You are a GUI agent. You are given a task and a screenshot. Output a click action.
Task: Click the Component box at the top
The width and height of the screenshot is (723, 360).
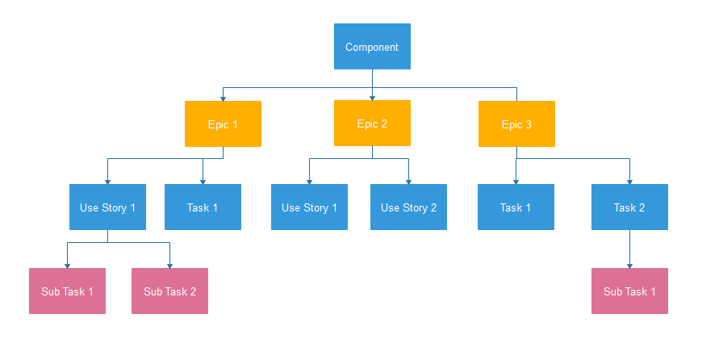tap(372, 47)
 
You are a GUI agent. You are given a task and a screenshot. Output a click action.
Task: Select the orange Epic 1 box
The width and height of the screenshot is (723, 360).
tap(224, 123)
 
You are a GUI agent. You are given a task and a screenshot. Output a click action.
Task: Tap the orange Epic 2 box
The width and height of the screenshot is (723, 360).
tap(372, 123)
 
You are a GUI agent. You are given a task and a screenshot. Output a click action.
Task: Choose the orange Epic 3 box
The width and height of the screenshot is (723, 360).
tap(516, 123)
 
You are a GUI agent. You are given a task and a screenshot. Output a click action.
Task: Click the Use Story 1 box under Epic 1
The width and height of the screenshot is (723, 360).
tap(107, 207)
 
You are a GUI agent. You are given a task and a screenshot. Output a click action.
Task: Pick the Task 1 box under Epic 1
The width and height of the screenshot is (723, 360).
tap(203, 207)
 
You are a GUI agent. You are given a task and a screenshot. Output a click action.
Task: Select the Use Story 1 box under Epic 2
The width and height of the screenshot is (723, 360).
tap(309, 207)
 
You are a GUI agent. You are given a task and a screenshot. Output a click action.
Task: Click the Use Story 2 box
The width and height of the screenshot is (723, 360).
tap(408, 207)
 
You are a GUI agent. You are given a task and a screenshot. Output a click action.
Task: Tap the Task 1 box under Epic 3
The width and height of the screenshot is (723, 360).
tap(516, 207)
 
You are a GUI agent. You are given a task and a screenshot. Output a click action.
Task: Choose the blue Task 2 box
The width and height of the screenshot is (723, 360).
tap(629, 207)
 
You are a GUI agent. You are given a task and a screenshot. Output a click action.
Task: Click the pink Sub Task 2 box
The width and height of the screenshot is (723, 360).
tap(169, 291)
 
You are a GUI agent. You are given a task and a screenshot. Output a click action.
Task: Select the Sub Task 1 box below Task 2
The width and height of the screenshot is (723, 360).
tap(629, 291)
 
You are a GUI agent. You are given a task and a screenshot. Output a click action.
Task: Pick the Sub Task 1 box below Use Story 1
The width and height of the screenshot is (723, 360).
tap(67, 291)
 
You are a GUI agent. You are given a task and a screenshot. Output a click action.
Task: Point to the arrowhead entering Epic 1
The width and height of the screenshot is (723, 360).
tap(224, 98)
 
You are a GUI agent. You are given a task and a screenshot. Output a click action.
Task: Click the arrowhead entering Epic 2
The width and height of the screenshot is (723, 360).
tap(372, 98)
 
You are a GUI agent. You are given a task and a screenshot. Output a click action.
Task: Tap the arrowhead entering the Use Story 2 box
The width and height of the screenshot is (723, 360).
tap(408, 182)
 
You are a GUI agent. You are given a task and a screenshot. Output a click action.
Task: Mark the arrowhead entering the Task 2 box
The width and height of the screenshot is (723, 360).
tap(629, 182)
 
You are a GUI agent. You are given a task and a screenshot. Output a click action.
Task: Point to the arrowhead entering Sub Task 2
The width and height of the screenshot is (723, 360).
tap(169, 266)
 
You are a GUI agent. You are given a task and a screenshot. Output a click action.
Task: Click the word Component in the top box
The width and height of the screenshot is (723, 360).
tap(372, 47)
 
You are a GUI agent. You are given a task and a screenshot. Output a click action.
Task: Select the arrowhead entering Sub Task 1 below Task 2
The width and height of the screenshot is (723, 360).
tap(629, 266)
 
